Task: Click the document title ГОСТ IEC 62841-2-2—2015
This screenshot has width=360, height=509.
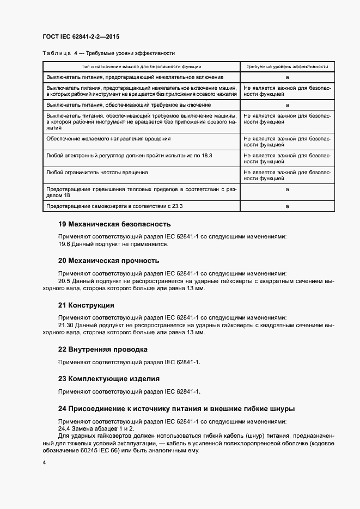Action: [x=81, y=37]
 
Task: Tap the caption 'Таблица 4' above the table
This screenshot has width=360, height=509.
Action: [x=59, y=53]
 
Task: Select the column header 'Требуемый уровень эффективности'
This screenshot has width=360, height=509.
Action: [x=286, y=66]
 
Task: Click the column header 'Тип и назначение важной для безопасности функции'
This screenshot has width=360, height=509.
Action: [x=142, y=66]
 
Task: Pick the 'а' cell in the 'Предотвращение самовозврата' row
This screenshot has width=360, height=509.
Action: [x=287, y=206]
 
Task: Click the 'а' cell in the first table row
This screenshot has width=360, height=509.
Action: [x=287, y=78]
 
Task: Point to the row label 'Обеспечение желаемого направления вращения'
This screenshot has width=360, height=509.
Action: [x=108, y=139]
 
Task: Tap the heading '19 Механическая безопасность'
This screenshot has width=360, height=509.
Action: [x=114, y=224]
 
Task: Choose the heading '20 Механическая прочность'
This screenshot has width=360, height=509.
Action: [x=108, y=261]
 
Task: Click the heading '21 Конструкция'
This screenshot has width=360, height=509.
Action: [x=86, y=305]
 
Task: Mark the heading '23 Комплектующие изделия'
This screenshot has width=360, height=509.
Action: [x=109, y=378]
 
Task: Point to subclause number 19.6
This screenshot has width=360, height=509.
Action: [x=65, y=244]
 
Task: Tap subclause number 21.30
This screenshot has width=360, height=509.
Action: [x=66, y=325]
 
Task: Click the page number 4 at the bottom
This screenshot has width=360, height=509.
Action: [x=44, y=463]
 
